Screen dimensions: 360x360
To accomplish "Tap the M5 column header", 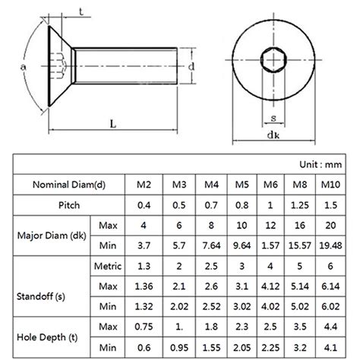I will tap(241, 185).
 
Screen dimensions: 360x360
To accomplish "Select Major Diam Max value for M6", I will tap(270, 226).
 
